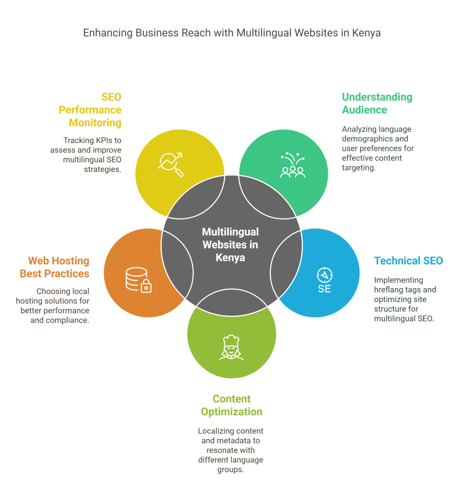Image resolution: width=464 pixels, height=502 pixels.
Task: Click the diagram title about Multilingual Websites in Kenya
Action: click(232, 33)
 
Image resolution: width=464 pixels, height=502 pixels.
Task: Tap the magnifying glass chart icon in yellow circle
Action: click(171, 165)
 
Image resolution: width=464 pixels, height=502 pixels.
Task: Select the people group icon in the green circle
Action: click(293, 165)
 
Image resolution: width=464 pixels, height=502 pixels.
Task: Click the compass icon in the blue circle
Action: click(324, 275)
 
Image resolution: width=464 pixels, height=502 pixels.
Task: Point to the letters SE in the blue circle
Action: click(324, 289)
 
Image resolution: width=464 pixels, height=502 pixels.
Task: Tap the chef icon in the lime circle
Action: click(231, 348)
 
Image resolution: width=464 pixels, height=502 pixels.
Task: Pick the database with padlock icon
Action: click(138, 280)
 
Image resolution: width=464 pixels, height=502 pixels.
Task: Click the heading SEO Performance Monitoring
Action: click(90, 110)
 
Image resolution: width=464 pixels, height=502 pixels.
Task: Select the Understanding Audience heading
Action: click(377, 103)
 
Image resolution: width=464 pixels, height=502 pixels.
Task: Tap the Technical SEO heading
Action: click(409, 261)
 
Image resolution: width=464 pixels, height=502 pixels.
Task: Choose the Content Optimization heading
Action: click(232, 405)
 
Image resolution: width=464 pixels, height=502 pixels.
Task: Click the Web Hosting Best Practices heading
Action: click(54, 267)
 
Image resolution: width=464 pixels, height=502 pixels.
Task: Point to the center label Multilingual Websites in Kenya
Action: click(231, 245)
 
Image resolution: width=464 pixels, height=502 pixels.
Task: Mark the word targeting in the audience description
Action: click(359, 168)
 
